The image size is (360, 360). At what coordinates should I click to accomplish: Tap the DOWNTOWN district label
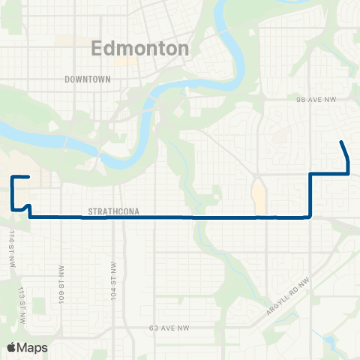coord(88,79)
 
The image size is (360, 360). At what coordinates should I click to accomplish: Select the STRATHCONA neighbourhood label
coord(109,211)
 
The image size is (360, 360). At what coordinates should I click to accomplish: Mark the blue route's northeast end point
coord(342,142)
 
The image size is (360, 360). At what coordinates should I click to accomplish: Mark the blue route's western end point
coord(28,177)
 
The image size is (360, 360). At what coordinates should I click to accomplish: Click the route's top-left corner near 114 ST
coord(13,178)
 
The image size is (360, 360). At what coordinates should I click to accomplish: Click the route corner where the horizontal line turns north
coord(310,217)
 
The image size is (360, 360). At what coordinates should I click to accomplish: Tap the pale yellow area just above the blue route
coord(259,196)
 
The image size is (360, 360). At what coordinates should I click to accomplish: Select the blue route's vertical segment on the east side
coord(310,195)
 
